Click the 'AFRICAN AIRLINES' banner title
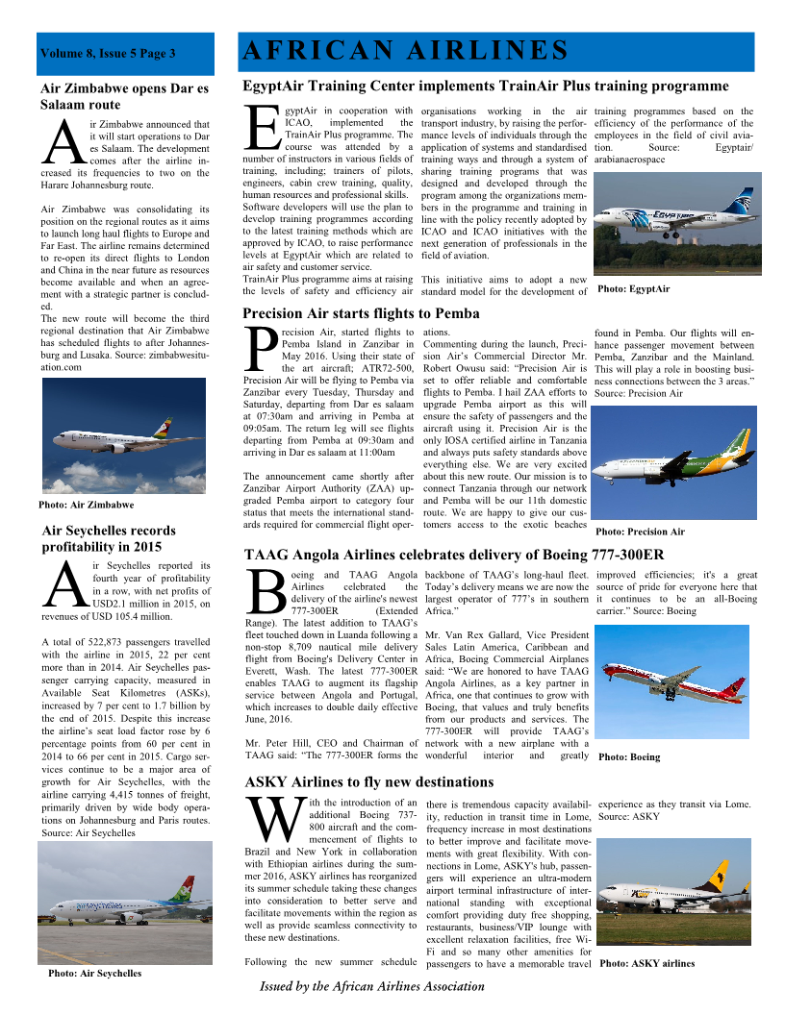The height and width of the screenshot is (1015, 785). click(x=404, y=51)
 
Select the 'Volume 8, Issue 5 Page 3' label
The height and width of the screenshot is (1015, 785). click(x=108, y=54)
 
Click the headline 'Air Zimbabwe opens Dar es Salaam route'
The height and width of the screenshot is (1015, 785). click(x=124, y=96)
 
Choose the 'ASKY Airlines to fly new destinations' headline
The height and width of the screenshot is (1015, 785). click(x=369, y=782)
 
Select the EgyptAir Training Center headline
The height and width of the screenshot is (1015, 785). click(x=486, y=86)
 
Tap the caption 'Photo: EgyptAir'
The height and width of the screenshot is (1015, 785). click(x=633, y=288)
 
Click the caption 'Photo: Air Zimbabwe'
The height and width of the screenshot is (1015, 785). click(x=86, y=504)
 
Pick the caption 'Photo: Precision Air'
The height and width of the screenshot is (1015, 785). click(x=640, y=532)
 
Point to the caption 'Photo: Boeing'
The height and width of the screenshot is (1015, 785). click(x=629, y=757)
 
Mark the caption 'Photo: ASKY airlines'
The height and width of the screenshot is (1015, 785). click(x=646, y=963)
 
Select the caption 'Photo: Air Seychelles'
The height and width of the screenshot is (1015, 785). click(x=94, y=973)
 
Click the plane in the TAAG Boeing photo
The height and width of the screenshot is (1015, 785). click(x=673, y=684)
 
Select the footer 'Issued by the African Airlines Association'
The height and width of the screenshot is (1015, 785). click(x=372, y=986)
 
